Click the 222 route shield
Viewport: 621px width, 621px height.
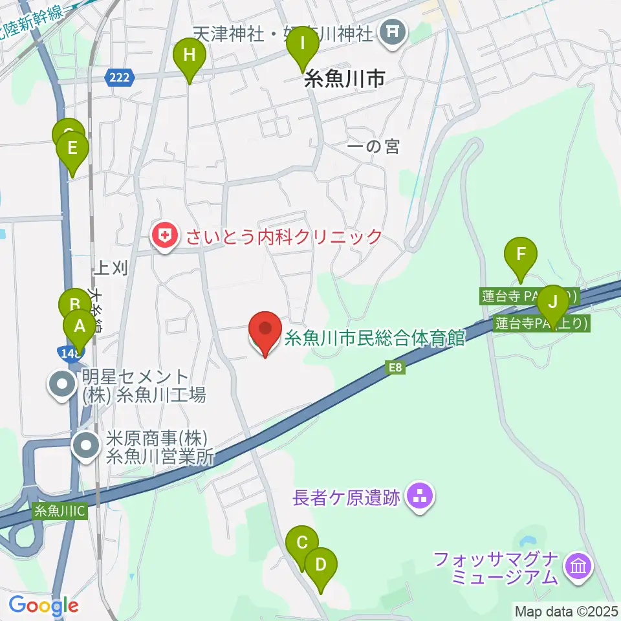(x=119, y=78)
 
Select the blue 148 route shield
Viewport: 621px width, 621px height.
(x=70, y=353)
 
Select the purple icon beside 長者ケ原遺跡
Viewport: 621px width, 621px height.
(x=420, y=497)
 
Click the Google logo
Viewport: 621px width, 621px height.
(x=43, y=606)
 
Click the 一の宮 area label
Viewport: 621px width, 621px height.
(x=373, y=147)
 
